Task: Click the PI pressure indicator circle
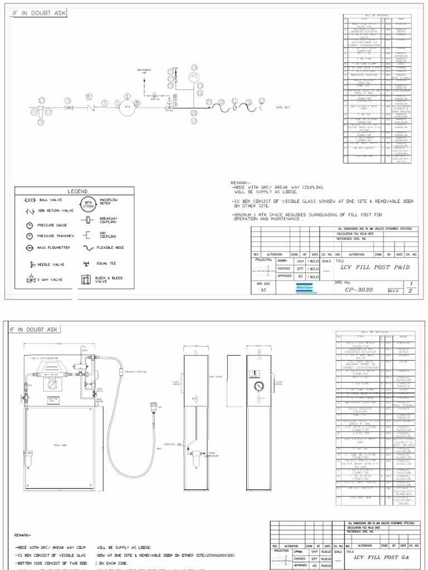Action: tap(194, 76)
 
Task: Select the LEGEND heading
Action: tap(77, 191)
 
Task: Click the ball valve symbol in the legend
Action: tap(30, 200)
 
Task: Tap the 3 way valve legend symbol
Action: tap(30, 280)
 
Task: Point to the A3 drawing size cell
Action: tap(264, 289)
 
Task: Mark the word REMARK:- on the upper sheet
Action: tap(241, 183)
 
